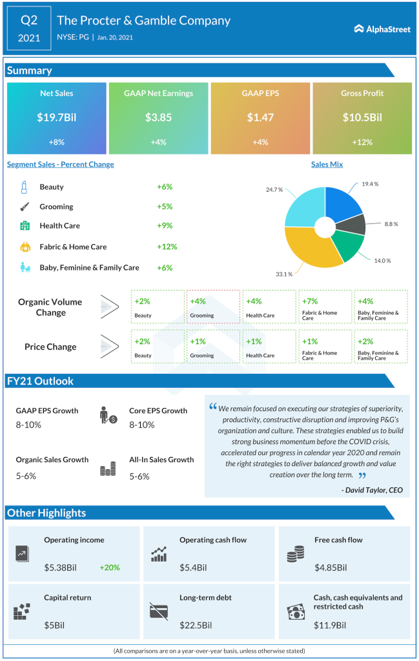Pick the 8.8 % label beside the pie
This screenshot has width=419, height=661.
click(x=391, y=224)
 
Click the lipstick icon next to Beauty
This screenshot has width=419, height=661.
click(x=24, y=187)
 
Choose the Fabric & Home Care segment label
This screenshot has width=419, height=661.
click(x=73, y=247)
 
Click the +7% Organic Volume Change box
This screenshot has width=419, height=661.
click(x=325, y=306)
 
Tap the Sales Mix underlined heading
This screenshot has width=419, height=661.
click(x=327, y=165)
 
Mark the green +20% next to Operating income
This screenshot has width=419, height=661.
click(x=109, y=568)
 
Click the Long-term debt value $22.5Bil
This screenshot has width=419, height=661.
click(x=193, y=625)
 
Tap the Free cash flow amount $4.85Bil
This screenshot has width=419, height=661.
click(x=331, y=568)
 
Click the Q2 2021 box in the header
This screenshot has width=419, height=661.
click(x=28, y=28)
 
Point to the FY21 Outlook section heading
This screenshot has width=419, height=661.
click(x=40, y=381)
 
